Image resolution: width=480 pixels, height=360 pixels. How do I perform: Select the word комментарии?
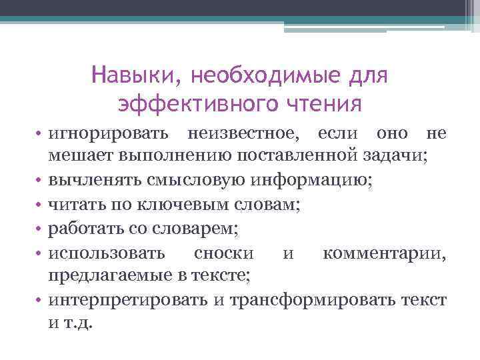point(383,253)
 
